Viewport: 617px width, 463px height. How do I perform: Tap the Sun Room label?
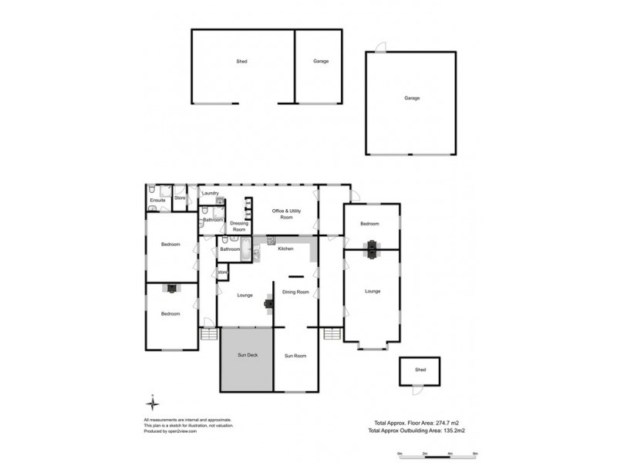pyautogui.click(x=295, y=356)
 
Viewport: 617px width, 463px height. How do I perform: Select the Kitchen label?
pyautogui.click(x=285, y=248)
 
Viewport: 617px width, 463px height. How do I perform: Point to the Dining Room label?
pyautogui.click(x=296, y=292)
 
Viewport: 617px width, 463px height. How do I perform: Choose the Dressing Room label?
pyautogui.click(x=239, y=226)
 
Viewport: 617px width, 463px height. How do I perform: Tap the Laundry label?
pyautogui.click(x=211, y=193)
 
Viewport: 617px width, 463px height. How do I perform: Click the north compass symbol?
pyautogui.click(x=153, y=404)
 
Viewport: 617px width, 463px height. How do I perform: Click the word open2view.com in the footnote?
pyautogui.click(x=183, y=432)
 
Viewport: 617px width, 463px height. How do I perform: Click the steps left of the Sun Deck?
pyautogui.click(x=208, y=333)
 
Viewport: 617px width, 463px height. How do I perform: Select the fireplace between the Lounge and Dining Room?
pyautogui.click(x=268, y=302)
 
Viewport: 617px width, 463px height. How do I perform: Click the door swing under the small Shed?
pyautogui.click(x=417, y=391)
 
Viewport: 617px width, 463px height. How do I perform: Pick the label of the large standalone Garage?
pyautogui.click(x=411, y=98)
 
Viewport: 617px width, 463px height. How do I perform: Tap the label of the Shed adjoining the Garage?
pyautogui.click(x=241, y=61)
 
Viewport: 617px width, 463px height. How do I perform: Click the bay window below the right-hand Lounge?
pyautogui.click(x=373, y=346)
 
